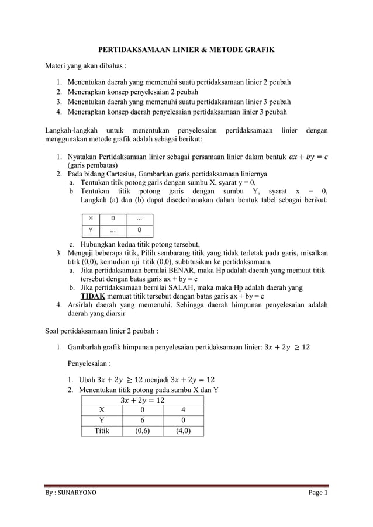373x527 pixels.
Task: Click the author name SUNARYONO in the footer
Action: point(75,494)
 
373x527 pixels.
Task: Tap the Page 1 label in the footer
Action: point(319,494)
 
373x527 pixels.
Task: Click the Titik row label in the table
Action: point(102,431)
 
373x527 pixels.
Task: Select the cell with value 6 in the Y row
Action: point(143,421)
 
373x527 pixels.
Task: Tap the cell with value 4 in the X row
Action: point(184,410)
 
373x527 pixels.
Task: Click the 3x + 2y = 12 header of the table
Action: point(143,400)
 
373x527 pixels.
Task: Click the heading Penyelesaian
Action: point(88,363)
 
